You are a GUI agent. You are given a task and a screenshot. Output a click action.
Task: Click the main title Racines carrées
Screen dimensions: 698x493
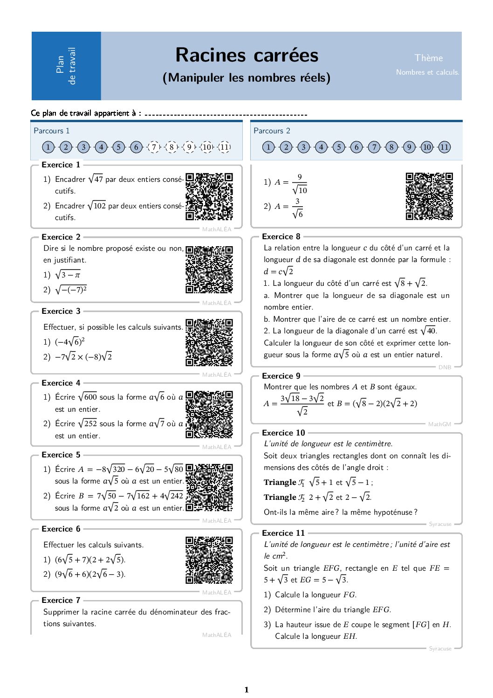(x=246, y=55)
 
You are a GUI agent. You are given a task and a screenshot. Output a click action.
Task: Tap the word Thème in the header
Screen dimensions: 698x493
(x=429, y=58)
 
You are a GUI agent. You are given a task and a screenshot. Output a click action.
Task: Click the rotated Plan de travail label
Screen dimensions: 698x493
(x=66, y=66)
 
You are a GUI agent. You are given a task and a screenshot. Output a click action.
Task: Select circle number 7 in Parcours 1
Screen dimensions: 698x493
(x=154, y=147)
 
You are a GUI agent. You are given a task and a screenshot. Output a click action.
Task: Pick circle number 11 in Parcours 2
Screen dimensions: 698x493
(x=445, y=147)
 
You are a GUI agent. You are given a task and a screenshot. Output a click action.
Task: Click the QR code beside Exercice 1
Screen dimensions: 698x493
(x=209, y=196)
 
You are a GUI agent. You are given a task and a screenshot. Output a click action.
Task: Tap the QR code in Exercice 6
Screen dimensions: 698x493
(x=209, y=560)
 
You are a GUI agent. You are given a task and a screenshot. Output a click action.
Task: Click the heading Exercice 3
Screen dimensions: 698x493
(x=61, y=311)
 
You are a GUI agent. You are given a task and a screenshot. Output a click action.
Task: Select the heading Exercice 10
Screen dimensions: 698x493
(x=283, y=433)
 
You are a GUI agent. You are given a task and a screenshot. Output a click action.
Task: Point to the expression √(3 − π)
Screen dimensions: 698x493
(x=68, y=275)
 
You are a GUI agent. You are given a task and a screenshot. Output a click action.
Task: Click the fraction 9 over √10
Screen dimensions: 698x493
(x=299, y=184)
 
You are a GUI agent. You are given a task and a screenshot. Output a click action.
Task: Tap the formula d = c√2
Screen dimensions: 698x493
(x=278, y=271)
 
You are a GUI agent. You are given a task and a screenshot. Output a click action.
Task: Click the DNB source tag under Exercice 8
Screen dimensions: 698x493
(x=445, y=367)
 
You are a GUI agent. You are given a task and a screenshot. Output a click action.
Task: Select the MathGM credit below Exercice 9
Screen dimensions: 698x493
(x=439, y=424)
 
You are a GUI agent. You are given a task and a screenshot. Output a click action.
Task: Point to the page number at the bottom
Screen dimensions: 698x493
(x=246, y=690)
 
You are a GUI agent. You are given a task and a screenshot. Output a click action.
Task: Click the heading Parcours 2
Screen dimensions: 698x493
(x=272, y=131)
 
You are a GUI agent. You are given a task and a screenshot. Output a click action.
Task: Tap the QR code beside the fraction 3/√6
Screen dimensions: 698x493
(x=429, y=196)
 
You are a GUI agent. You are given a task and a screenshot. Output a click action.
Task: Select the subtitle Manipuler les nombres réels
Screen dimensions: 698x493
(x=246, y=77)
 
